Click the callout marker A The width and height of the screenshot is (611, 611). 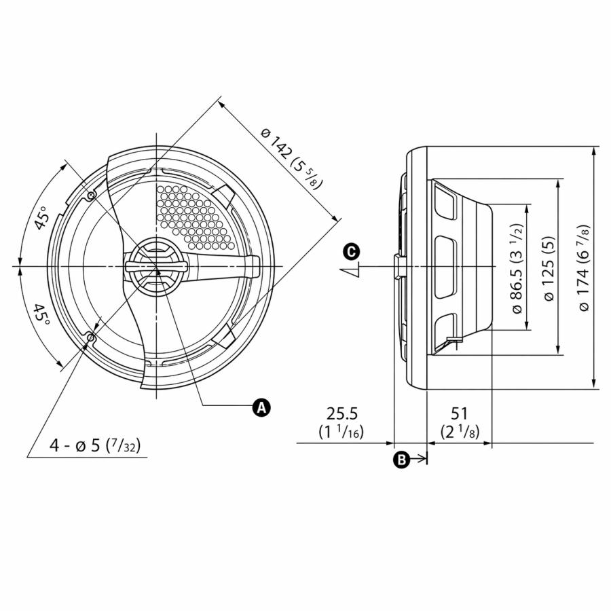coord(261,407)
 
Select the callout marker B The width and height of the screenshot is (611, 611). coord(402,460)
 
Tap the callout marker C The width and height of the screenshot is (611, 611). coord(351,252)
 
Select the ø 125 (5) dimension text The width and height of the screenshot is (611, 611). coord(549,267)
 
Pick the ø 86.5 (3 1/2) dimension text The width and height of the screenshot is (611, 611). coord(517,267)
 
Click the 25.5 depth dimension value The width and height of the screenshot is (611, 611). coord(341,413)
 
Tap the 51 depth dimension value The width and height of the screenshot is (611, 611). coord(459,413)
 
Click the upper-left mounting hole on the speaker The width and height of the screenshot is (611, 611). coord(92,196)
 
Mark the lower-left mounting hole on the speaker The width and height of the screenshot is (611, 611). coord(92,337)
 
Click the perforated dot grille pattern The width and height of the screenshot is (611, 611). coord(187,214)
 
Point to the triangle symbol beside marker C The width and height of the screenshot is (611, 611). coord(350,272)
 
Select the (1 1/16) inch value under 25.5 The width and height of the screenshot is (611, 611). coord(341,431)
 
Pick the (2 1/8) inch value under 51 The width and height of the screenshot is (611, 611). coord(459,431)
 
